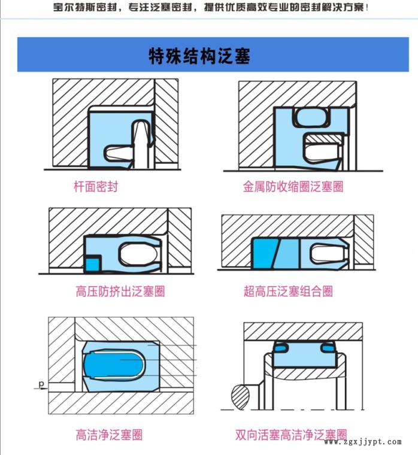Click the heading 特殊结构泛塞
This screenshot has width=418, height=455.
[199, 56]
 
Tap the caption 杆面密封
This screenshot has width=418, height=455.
[96, 186]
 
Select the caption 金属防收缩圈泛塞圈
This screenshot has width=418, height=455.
[293, 186]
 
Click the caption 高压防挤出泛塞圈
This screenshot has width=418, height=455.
[120, 291]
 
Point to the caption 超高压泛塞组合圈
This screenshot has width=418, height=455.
[288, 291]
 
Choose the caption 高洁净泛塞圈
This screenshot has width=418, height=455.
[109, 435]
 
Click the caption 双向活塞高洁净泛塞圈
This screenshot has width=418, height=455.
[291, 435]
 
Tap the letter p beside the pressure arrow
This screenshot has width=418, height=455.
[41, 384]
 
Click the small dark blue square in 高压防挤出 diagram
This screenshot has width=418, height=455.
[93, 265]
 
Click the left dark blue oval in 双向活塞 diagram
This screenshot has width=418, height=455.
[280, 347]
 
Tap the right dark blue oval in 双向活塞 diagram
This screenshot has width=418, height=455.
[328, 347]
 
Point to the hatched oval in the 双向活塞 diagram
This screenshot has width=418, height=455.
[241, 396]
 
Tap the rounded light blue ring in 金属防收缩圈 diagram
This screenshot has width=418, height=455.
[311, 117]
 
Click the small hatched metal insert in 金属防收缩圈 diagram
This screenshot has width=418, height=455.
[325, 139]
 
